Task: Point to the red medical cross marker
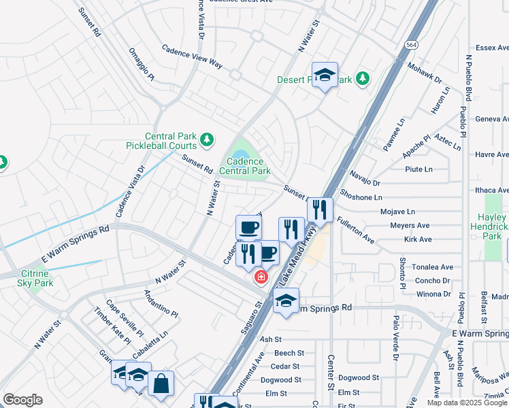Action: coord(260,277)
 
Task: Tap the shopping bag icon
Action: coord(161,384)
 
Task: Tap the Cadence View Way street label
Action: coord(192,56)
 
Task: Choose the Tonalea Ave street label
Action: coord(432,267)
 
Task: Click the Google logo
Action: coord(22,399)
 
